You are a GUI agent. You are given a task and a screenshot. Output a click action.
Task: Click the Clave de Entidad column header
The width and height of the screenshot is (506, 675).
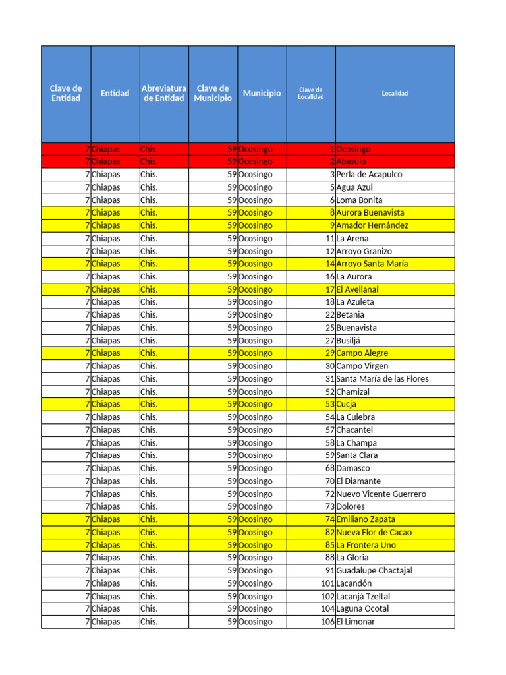pyautogui.click(x=66, y=93)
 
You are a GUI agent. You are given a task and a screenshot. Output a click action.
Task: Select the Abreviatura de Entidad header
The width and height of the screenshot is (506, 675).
pyautogui.click(x=164, y=93)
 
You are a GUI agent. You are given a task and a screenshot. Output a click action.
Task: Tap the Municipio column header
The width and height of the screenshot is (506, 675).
pyautogui.click(x=262, y=93)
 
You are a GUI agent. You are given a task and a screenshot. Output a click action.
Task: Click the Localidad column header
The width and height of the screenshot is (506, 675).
pyautogui.click(x=395, y=93)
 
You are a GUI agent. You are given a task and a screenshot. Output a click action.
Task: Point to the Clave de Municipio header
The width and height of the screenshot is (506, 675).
pyautogui.click(x=213, y=93)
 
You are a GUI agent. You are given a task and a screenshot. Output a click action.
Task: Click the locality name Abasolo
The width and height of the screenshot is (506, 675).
pyautogui.click(x=351, y=161)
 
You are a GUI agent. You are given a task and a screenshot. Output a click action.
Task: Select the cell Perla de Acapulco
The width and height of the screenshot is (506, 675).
pyautogui.click(x=369, y=175)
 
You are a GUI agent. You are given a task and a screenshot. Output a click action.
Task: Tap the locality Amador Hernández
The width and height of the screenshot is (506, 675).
pyautogui.click(x=372, y=225)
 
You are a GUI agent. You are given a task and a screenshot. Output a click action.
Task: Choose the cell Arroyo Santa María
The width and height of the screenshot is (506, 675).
pyautogui.click(x=372, y=264)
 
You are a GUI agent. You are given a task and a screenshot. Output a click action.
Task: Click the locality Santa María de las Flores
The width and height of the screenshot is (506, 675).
pyautogui.click(x=382, y=379)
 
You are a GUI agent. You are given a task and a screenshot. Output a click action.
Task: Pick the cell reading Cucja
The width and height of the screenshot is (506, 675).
pyautogui.click(x=346, y=404)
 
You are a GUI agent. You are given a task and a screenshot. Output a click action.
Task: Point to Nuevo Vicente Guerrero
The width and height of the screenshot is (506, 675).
pyautogui.click(x=381, y=494)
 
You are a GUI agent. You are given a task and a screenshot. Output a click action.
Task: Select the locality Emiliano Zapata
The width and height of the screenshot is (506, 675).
pyautogui.click(x=367, y=519)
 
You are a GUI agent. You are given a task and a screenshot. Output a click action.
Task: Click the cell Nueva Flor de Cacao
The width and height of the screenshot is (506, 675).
pyautogui.click(x=374, y=532)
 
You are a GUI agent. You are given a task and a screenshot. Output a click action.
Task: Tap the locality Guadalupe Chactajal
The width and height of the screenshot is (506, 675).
pyautogui.click(x=374, y=570)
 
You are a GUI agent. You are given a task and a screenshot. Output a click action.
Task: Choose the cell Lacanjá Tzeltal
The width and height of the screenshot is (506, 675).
pyautogui.click(x=363, y=596)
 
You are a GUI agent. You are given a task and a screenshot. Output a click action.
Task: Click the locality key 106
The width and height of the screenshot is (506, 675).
pyautogui.click(x=327, y=622)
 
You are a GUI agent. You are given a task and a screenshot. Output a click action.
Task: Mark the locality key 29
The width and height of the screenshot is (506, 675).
pyautogui.click(x=330, y=353)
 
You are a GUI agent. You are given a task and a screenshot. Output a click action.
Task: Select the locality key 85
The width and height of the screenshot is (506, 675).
pyautogui.click(x=330, y=545)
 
